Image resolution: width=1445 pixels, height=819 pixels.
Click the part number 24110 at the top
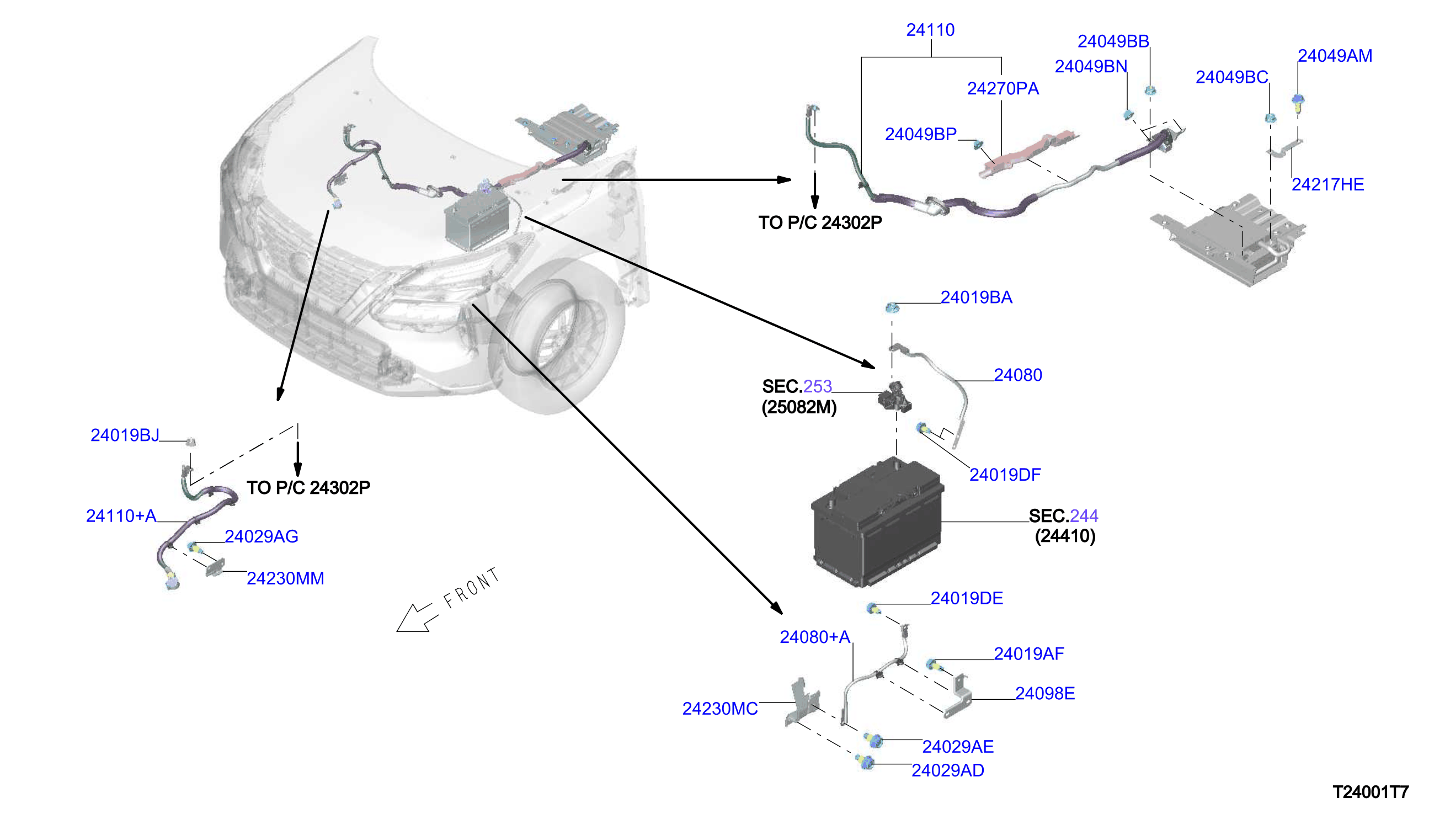tap(930, 30)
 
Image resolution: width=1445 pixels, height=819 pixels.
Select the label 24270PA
tap(1003, 88)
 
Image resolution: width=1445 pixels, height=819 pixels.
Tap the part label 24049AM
tap(1334, 56)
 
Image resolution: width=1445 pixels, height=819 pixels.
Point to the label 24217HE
tap(1327, 184)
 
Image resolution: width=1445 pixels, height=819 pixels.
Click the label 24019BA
tap(976, 297)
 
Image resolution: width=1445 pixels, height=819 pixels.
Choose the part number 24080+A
tap(815, 637)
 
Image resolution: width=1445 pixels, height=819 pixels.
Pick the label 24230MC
tap(719, 709)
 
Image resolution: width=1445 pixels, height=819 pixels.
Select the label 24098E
tap(1044, 694)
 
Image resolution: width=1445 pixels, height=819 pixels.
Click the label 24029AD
tap(947, 770)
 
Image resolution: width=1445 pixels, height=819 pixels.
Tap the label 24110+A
tap(121, 516)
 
